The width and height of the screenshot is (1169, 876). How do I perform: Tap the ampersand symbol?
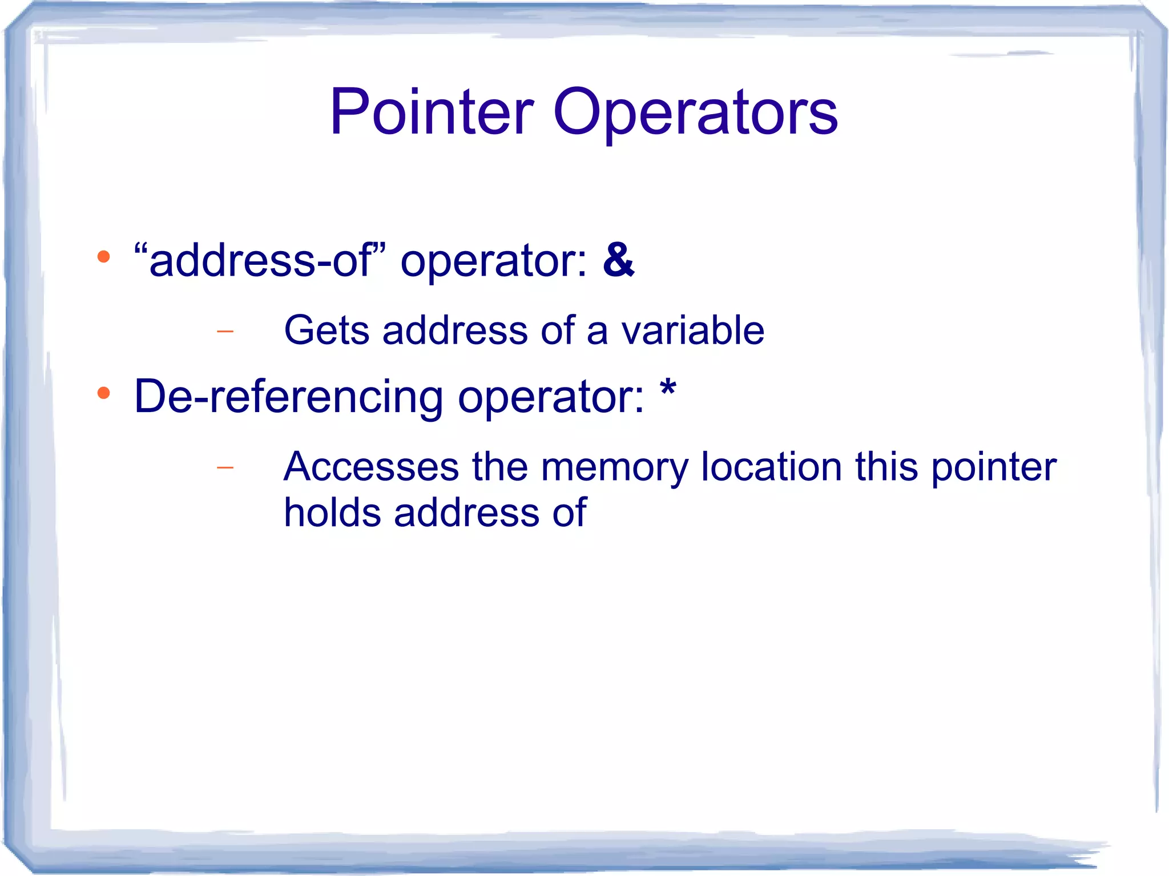618,260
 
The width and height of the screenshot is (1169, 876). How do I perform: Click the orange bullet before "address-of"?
103,257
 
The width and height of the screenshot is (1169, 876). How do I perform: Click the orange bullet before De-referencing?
103,393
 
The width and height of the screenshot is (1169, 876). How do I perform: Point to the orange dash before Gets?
225,331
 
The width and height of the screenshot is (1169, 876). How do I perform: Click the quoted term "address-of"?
260,260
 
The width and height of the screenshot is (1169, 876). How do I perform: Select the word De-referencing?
288,397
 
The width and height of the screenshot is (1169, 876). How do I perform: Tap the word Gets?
326,330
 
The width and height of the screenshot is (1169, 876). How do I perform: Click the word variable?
692,330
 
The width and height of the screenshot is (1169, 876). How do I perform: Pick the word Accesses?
371,467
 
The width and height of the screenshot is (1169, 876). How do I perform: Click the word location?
771,467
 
